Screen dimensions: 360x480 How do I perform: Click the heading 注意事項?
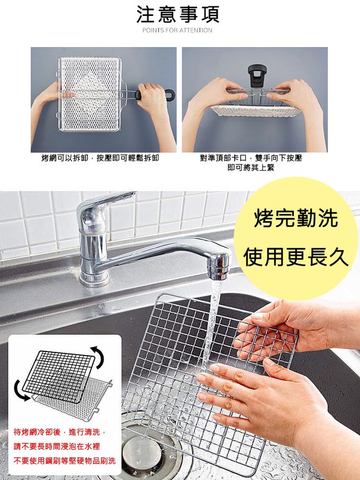(177, 14)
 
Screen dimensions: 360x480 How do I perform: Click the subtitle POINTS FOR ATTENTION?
(177, 30)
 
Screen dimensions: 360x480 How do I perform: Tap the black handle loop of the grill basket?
(170, 94)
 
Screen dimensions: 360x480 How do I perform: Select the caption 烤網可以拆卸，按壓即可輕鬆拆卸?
(100, 158)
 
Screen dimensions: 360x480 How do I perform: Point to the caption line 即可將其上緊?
(251, 167)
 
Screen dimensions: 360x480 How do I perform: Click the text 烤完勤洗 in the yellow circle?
(296, 218)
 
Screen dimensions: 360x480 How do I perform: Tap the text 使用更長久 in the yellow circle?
(296, 257)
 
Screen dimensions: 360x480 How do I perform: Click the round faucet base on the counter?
(94, 278)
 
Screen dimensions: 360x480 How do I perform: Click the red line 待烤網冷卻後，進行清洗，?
(60, 432)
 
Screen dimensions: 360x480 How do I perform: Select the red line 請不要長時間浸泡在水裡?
(57, 446)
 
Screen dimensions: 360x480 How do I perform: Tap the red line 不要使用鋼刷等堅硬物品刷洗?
(65, 460)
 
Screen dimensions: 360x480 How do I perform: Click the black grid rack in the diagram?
(59, 376)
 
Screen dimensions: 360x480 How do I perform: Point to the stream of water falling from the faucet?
(212, 321)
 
